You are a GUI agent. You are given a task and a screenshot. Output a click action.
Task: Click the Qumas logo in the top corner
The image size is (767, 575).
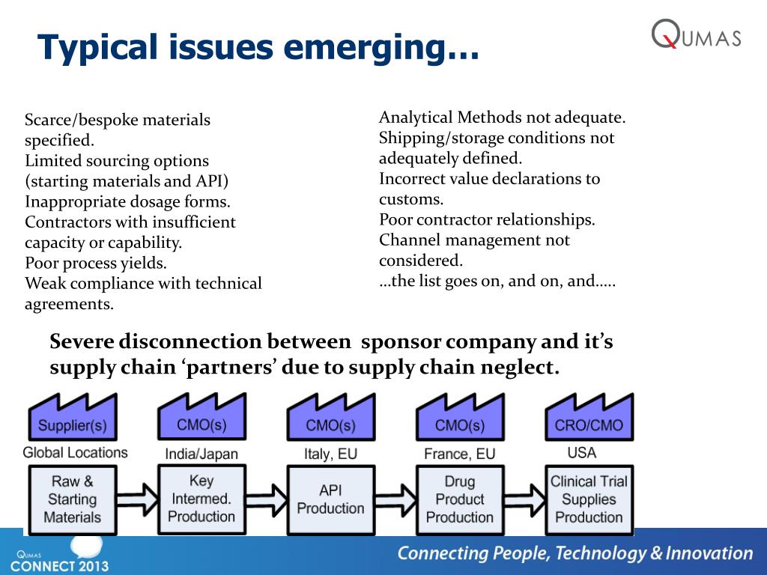click(x=696, y=34)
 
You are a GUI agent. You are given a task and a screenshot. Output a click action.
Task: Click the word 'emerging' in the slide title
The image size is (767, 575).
click(x=393, y=47)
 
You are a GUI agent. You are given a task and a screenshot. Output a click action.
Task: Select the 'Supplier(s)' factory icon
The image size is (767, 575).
click(x=73, y=420)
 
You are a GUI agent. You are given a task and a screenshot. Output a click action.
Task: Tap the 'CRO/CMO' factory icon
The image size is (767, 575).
click(x=589, y=419)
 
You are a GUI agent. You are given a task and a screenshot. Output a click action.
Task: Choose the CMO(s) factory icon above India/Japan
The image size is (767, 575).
click(x=202, y=419)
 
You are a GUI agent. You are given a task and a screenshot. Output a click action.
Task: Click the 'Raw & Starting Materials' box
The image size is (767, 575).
click(x=73, y=499)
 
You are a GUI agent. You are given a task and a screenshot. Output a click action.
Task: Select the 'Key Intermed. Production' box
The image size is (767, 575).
click(x=201, y=499)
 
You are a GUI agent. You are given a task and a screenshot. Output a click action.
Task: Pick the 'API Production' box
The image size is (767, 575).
click(x=330, y=499)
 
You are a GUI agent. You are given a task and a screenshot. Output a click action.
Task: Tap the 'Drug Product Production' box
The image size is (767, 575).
click(x=459, y=499)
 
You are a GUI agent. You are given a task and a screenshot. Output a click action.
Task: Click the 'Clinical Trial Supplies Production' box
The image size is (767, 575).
click(x=589, y=499)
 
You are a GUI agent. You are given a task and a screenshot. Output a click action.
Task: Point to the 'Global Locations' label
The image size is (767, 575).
click(x=75, y=453)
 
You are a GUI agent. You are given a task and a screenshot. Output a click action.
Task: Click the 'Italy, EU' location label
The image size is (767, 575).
click(x=330, y=454)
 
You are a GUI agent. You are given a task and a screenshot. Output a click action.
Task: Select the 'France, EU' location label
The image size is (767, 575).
click(x=459, y=454)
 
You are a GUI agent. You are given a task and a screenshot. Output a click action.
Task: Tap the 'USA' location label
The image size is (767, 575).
click(x=581, y=453)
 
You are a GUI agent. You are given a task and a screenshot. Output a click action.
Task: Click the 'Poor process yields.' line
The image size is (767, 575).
click(x=96, y=264)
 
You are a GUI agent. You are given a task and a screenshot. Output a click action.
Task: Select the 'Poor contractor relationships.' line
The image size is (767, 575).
click(x=487, y=220)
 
